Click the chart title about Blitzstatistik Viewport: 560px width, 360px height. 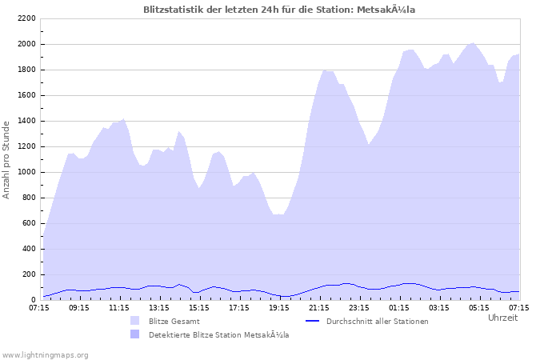click(279, 10)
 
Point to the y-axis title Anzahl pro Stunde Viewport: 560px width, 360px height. click(6, 159)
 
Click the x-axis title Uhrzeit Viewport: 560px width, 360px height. click(502, 318)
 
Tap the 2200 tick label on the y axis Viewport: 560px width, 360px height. click(26, 18)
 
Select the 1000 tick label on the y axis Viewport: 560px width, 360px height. click(26, 172)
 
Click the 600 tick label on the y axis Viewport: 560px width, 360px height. click(29, 223)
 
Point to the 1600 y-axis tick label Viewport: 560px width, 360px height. click(26, 95)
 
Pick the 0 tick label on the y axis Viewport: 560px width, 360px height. click(33, 300)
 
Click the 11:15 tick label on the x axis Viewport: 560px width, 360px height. click(119, 307)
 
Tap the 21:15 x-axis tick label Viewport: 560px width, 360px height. click(319, 307)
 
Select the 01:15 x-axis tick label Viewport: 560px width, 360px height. click(399, 307)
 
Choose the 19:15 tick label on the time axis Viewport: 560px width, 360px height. click(279, 307)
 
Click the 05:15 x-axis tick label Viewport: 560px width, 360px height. click(479, 307)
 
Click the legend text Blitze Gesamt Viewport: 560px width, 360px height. click(174, 321)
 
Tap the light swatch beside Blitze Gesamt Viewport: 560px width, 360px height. click(134, 321)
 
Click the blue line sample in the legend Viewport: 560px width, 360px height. click(313, 321)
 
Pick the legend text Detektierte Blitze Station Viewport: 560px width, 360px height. click(218, 334)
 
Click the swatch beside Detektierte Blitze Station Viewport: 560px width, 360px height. click(134, 334)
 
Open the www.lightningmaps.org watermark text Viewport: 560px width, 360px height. click(46, 354)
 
